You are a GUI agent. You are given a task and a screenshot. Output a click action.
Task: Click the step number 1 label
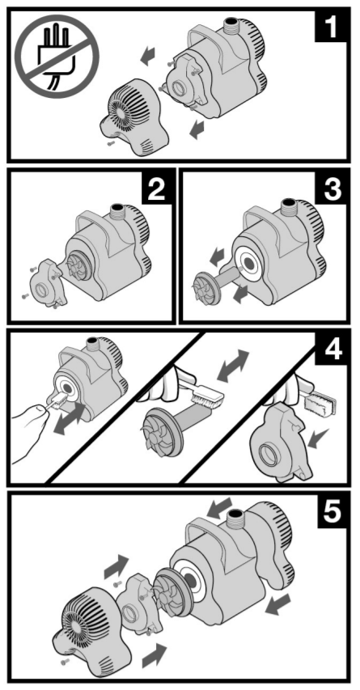(331, 26)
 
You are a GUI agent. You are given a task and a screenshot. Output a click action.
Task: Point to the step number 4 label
(332, 349)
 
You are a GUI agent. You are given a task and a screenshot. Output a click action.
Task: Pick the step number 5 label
(332, 511)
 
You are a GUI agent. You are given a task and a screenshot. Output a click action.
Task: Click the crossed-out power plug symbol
(57, 57)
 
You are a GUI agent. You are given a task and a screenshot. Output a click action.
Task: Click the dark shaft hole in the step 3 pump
(248, 264)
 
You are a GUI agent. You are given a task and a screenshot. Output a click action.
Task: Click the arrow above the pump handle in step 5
(220, 507)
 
